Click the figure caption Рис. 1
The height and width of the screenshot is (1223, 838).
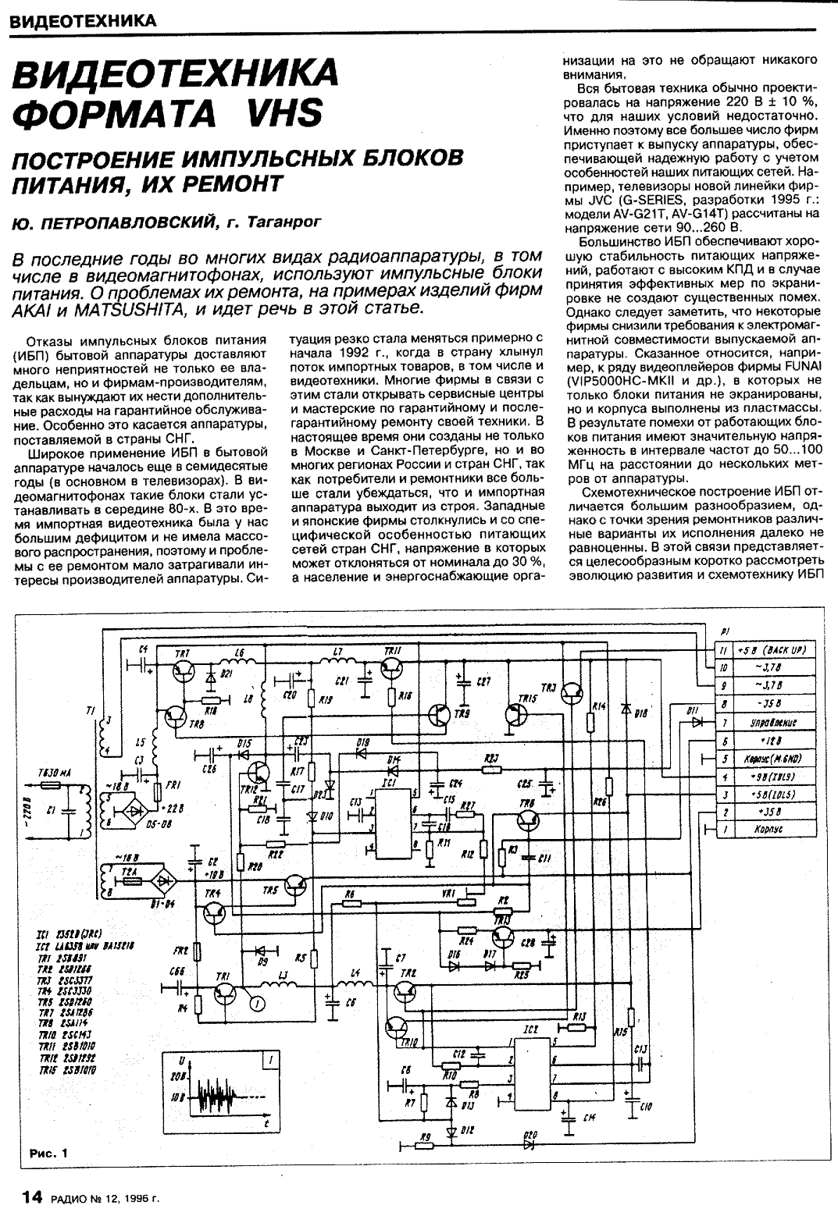point(48,1152)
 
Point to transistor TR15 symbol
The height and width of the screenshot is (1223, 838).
point(516,713)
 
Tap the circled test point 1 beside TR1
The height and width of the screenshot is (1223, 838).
point(254,1003)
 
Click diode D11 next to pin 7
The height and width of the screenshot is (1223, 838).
point(694,723)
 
